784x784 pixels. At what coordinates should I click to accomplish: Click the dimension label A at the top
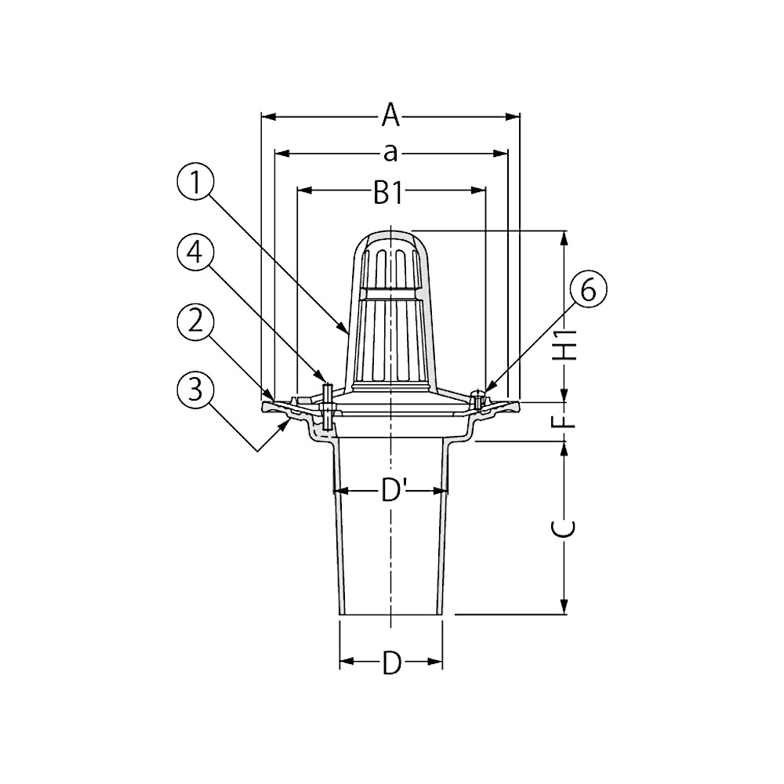coord(391,115)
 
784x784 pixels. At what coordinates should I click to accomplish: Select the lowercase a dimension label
coord(390,153)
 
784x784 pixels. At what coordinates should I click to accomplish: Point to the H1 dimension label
coord(564,346)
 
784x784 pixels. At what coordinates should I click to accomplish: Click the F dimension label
coord(564,420)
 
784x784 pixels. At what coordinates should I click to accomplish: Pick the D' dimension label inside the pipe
coord(390,492)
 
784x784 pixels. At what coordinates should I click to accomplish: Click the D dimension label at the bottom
coord(391,662)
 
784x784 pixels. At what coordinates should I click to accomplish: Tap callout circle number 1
coord(195,183)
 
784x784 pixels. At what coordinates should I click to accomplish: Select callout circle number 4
coord(195,253)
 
